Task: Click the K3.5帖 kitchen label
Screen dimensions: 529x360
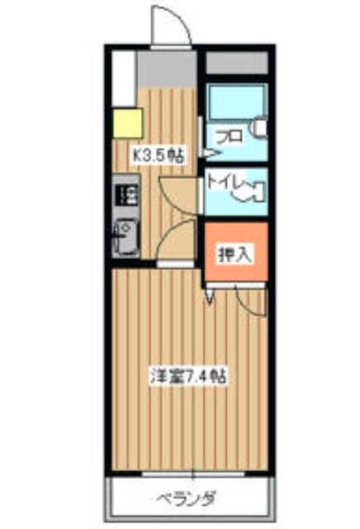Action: click(159, 154)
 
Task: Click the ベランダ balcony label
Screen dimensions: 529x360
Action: click(186, 499)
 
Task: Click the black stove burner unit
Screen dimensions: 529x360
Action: click(127, 196)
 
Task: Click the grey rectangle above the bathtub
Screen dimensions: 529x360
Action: click(236, 63)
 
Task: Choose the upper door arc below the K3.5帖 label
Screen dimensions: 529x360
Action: click(177, 194)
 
